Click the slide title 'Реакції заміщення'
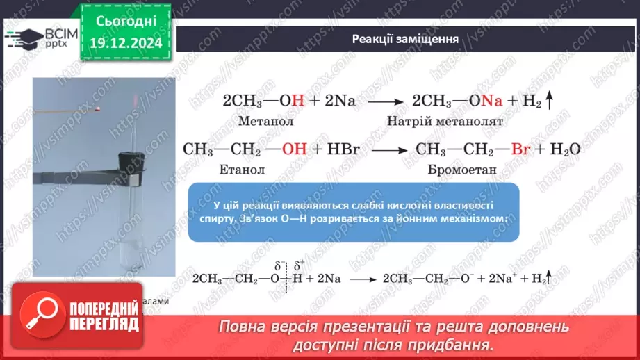[x=404, y=39]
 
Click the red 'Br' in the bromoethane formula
[x=520, y=149]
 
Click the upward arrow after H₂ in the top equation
[x=548, y=101]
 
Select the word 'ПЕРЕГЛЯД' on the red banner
[x=104, y=323]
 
